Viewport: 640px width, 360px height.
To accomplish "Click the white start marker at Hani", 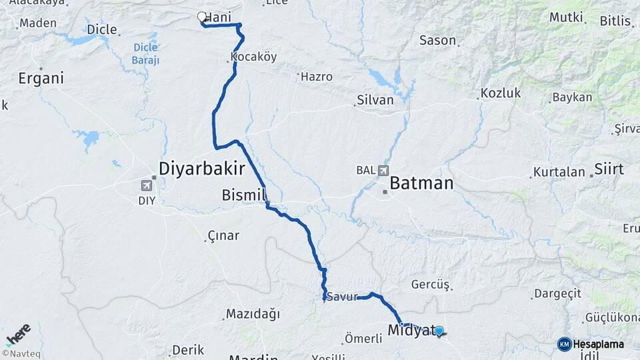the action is [x=202, y=17].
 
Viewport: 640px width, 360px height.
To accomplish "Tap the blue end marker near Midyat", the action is [x=439, y=329].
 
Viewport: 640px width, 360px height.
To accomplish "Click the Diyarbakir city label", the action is [x=202, y=167].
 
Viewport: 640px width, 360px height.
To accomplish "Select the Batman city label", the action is [x=421, y=183].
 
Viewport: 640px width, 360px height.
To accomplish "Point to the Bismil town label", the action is [x=244, y=195].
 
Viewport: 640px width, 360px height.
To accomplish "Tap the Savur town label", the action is [x=342, y=297].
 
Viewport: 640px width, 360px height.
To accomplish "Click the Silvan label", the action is [x=375, y=100].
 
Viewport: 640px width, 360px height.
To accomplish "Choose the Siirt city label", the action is [x=609, y=169].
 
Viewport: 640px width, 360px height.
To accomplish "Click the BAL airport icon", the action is [x=383, y=171].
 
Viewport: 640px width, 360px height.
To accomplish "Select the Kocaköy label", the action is [x=253, y=57].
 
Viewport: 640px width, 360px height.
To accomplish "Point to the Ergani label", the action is [x=41, y=78].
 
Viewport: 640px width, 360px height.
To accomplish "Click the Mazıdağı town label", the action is [x=253, y=313].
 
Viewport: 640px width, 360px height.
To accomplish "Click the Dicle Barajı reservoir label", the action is [x=146, y=54].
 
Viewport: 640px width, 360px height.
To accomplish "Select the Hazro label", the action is [x=317, y=77].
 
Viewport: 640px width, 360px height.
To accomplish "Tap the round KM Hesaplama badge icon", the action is [x=564, y=344].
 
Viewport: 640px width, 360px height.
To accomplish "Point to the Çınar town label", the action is [x=223, y=235].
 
